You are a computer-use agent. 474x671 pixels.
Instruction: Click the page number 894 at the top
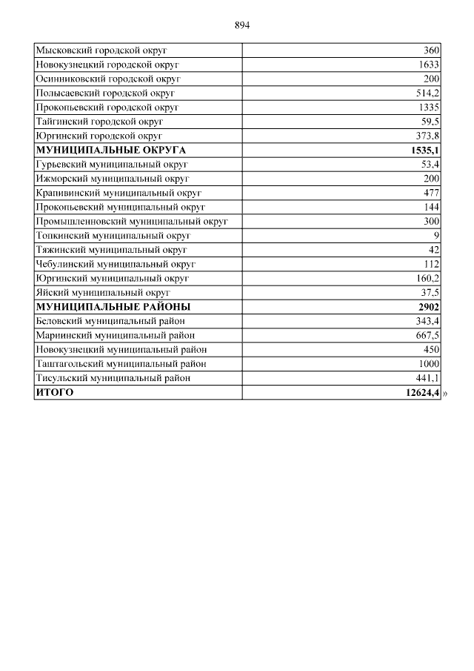[242, 25]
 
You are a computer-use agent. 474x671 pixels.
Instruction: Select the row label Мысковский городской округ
[101, 50]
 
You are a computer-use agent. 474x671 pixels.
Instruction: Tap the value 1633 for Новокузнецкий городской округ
[429, 65]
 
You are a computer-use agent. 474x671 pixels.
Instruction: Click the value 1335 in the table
[429, 108]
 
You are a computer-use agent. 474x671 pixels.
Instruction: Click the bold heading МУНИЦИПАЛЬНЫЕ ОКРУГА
[111, 150]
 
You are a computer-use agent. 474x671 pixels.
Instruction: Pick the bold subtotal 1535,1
[425, 150]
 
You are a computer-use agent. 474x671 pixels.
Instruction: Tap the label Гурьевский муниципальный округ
[112, 164]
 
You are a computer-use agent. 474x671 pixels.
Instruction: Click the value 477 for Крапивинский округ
[431, 193]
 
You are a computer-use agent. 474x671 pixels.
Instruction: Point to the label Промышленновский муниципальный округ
[131, 221]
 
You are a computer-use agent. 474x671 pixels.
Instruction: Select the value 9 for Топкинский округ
[437, 235]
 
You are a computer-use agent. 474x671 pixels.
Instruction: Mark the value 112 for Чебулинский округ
[432, 264]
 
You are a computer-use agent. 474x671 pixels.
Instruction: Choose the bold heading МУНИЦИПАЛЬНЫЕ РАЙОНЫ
[113, 307]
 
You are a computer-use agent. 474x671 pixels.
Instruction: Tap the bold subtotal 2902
[429, 307]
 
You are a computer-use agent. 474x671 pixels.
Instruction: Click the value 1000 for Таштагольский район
[429, 364]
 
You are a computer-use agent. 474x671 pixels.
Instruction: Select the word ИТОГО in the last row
[55, 392]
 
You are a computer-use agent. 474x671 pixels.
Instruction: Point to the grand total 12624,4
[422, 392]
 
